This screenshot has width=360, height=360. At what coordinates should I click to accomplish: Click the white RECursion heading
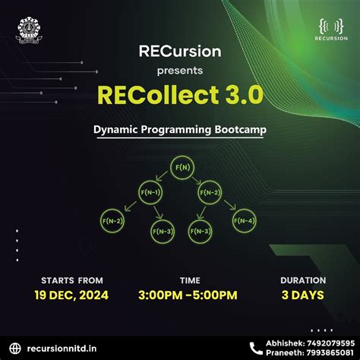(x=180, y=52)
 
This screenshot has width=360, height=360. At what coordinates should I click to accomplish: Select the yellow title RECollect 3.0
(x=180, y=94)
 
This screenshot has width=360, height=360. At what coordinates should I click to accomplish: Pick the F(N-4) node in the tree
(x=245, y=221)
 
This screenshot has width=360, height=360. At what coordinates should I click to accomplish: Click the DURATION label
(x=302, y=280)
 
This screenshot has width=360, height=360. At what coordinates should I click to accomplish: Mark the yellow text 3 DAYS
(x=302, y=295)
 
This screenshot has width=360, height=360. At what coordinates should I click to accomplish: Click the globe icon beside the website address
(x=17, y=347)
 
